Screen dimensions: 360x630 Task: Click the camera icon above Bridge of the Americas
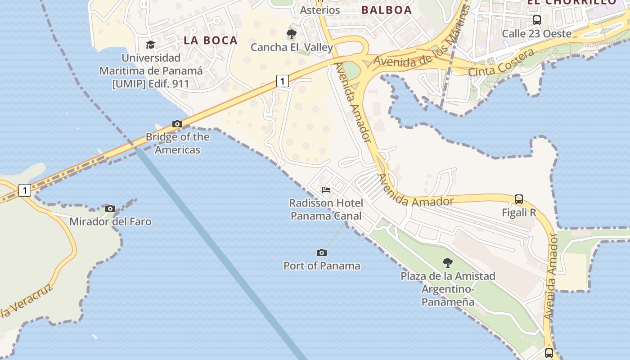tap(177, 124)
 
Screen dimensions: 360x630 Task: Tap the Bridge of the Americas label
tap(177, 143)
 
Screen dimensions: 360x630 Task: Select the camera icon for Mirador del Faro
tap(110, 208)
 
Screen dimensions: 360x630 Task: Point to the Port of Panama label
tap(322, 265)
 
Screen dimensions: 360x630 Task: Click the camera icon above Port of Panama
tap(322, 252)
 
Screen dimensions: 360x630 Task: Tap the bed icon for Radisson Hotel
tap(326, 190)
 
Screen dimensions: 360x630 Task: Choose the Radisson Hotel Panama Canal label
tap(326, 210)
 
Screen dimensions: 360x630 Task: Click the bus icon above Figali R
tap(519, 199)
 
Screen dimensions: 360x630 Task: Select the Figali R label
tap(519, 212)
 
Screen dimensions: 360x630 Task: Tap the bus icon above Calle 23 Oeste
tap(537, 20)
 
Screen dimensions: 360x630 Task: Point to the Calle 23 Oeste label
tap(537, 33)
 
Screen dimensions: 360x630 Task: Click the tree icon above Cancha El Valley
tap(292, 34)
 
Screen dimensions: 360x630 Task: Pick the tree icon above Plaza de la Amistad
tap(448, 262)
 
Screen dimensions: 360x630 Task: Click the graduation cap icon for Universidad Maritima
tap(150, 45)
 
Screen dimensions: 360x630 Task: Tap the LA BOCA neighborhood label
tap(211, 40)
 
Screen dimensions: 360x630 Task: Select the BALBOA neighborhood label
tap(387, 10)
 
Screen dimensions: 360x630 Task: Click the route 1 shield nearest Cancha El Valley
tap(282, 81)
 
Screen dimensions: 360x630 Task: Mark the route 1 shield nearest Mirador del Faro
tap(25, 190)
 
